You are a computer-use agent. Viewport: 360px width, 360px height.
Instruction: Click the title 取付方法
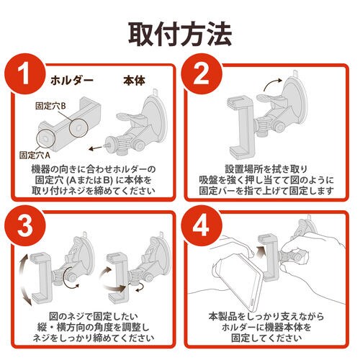pos(179,32)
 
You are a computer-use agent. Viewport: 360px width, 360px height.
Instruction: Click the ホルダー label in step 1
pos(71,80)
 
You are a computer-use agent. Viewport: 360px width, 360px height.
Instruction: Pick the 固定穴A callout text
pos(33,153)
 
